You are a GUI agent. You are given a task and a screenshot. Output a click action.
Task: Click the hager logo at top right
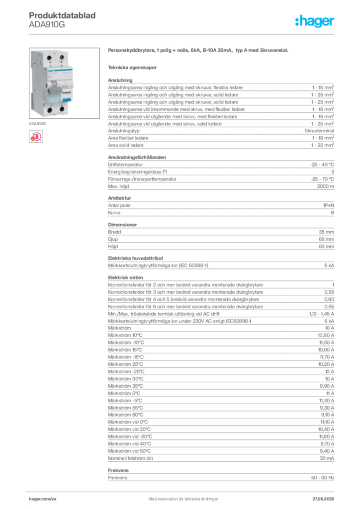pyautogui.click(x=314, y=21)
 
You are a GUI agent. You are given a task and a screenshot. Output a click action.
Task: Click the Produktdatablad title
pyautogui.click(x=62, y=15)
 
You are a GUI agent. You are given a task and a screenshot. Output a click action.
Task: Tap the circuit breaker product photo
pyautogui.click(x=64, y=83)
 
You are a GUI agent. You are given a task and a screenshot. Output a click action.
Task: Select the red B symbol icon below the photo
pyautogui.click(x=36, y=136)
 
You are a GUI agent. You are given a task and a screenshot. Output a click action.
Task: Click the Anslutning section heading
pyautogui.click(x=120, y=80)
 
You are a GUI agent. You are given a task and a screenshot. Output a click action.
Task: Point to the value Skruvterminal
pyautogui.click(x=319, y=131)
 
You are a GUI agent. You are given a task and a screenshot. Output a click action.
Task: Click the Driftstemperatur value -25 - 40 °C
pyautogui.click(x=322, y=165)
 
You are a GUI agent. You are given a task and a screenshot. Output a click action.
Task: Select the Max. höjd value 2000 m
pyautogui.click(x=325, y=186)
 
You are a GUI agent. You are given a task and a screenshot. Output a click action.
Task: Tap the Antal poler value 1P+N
pyautogui.click(x=329, y=205)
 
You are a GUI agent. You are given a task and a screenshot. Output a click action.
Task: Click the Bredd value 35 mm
pyautogui.click(x=326, y=232)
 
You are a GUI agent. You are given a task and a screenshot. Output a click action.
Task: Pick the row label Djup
pyautogui.click(x=113, y=239)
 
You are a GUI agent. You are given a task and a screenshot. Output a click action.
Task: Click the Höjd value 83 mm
pyautogui.click(x=326, y=247)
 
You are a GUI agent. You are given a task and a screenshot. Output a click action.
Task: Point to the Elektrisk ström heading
pyautogui.click(x=125, y=277)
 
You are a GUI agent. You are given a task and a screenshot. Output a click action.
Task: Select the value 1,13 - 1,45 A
pyautogui.click(x=321, y=314)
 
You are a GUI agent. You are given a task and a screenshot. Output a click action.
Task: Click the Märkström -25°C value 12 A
pyautogui.click(x=330, y=371)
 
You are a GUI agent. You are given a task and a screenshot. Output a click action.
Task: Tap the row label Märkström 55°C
pyautogui.click(x=125, y=408)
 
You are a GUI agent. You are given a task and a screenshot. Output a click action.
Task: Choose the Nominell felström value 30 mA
pyautogui.click(x=327, y=458)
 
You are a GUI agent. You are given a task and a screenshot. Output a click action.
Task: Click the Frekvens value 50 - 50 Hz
pyautogui.click(x=322, y=478)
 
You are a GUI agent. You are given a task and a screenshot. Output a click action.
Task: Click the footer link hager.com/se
pyautogui.click(x=43, y=499)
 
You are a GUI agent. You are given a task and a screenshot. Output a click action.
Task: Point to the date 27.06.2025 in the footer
pyautogui.click(x=323, y=499)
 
